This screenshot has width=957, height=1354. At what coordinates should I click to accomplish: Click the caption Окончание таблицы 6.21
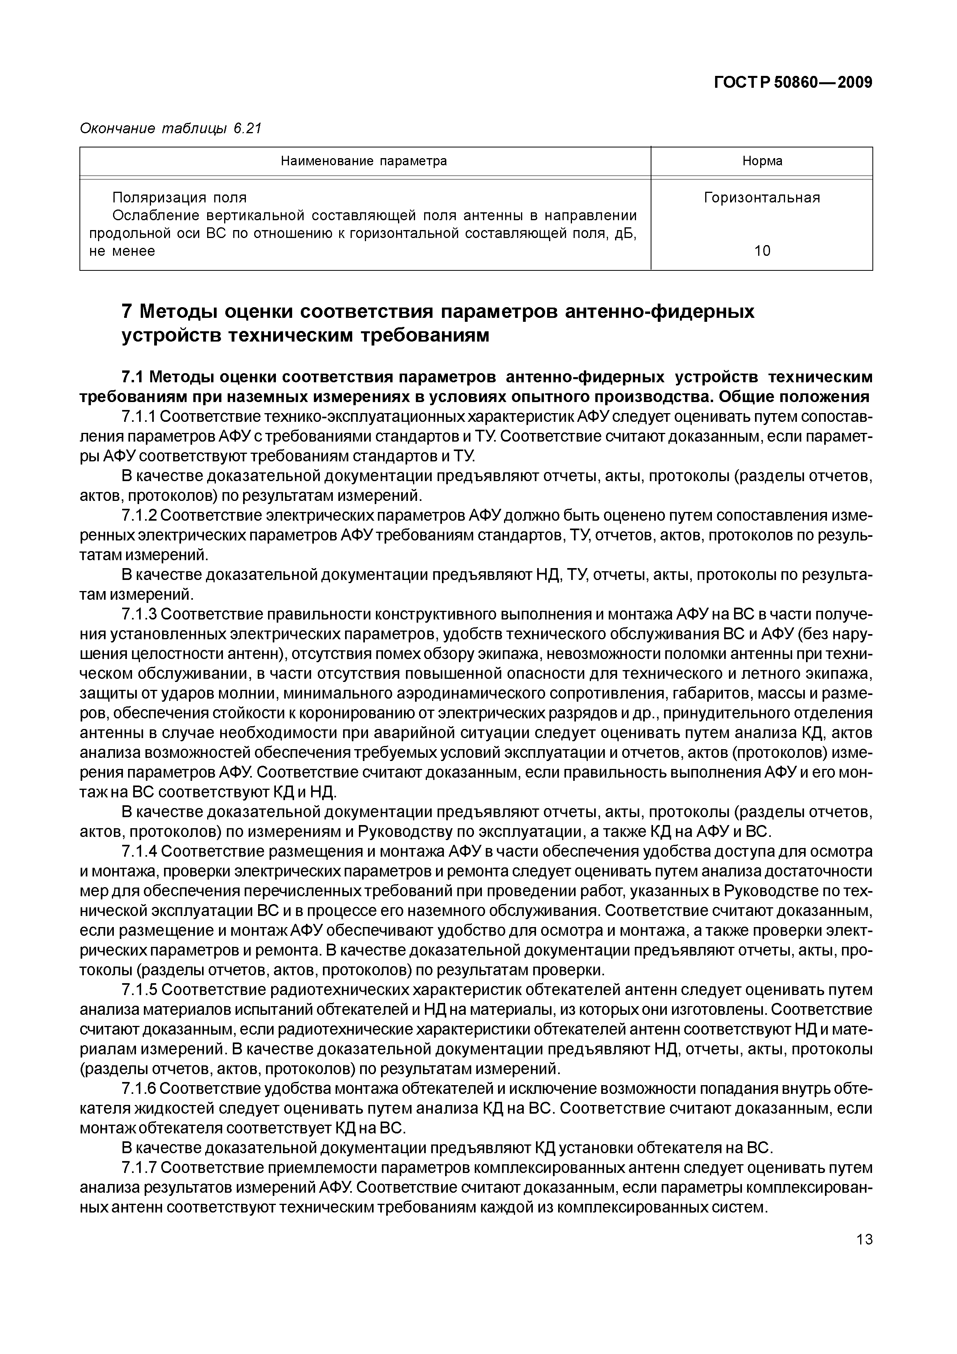pos(170,128)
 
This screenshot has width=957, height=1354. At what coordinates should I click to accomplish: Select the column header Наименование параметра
pos(364,161)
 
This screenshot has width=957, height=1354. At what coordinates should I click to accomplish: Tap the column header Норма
pos(762,161)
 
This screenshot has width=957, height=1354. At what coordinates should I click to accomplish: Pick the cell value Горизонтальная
pos(762,198)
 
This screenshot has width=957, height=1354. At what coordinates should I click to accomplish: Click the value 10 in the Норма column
pos(762,251)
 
